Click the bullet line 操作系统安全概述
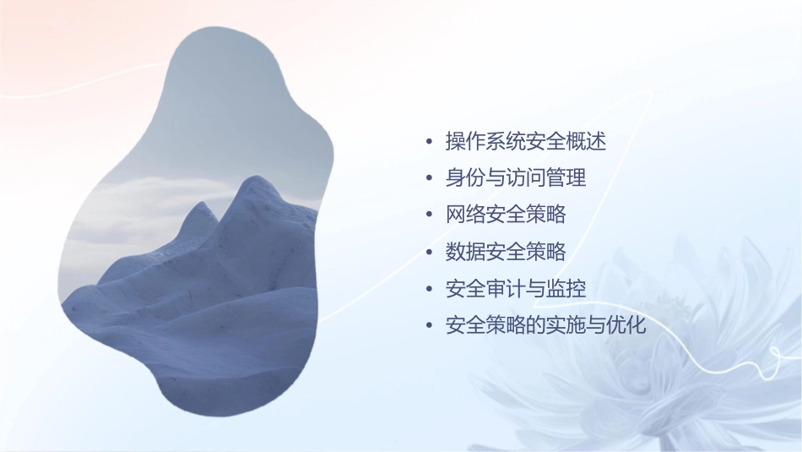coord(525,142)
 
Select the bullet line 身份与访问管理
coord(515,178)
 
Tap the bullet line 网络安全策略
coord(505,215)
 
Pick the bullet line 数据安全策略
coord(505,252)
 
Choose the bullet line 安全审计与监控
coord(515,288)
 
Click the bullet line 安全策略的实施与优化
coord(545,325)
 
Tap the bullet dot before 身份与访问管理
coord(430,179)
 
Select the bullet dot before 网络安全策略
coord(430,215)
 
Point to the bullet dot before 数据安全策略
coord(430,253)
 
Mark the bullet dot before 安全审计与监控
coord(430,289)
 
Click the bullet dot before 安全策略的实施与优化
coord(430,326)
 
